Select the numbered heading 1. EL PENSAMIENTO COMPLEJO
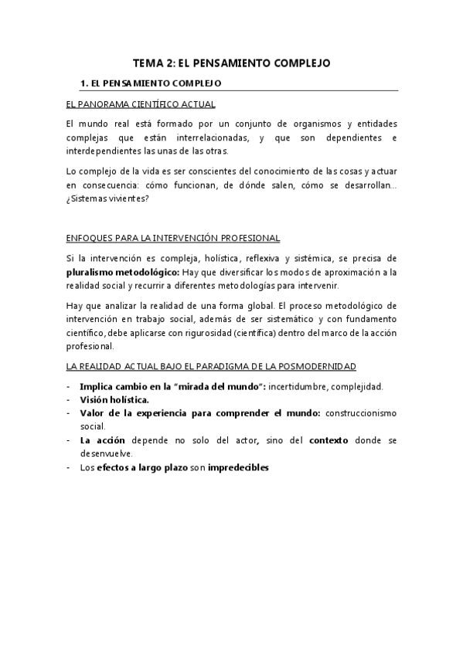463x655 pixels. [x=151, y=82]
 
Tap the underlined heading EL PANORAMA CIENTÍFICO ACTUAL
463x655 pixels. [x=140, y=104]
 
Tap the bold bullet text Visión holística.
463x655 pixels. [x=114, y=399]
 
